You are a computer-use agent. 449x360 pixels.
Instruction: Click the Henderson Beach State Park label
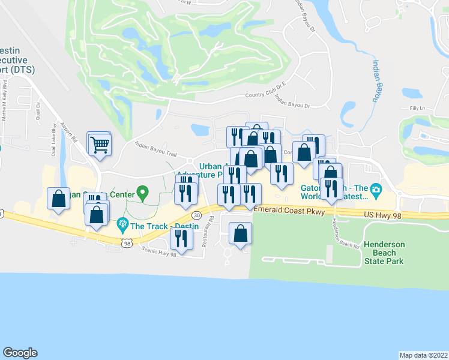384,253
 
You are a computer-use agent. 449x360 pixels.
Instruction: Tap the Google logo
20,353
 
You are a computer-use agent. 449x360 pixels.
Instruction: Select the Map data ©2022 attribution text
424,355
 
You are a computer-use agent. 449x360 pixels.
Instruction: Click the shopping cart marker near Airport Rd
100,143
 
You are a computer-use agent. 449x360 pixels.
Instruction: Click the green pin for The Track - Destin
123,226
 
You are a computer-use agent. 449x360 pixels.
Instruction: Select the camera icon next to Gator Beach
376,191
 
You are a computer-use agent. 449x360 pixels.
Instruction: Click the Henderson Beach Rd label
345,234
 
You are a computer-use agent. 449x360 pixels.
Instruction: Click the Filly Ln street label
416,108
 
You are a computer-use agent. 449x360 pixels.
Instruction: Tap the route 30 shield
197,215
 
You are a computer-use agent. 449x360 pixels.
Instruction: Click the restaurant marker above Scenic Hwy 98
181,238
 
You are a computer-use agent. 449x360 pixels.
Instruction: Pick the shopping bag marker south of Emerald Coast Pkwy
241,233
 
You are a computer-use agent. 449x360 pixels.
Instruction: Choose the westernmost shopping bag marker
58,199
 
